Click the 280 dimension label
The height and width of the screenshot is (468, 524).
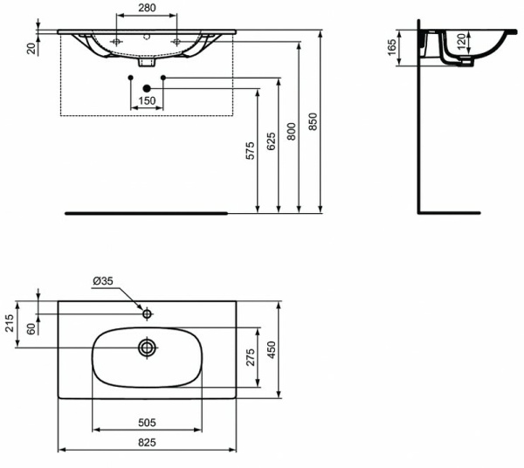[146, 9]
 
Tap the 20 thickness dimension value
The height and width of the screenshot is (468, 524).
[31, 48]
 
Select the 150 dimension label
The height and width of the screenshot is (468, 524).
[146, 102]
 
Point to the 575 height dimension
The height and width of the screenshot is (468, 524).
[250, 151]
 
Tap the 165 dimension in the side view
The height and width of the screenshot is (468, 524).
[392, 46]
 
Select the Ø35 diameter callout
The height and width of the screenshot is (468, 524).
[103, 281]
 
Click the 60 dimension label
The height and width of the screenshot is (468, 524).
[31, 328]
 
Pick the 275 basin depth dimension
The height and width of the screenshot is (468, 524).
[250, 356]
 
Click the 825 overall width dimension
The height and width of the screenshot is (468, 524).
[146, 443]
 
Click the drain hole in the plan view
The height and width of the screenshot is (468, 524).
[147, 348]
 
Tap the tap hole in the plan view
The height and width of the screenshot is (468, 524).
[148, 313]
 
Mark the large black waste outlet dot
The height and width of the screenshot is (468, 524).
[147, 87]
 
